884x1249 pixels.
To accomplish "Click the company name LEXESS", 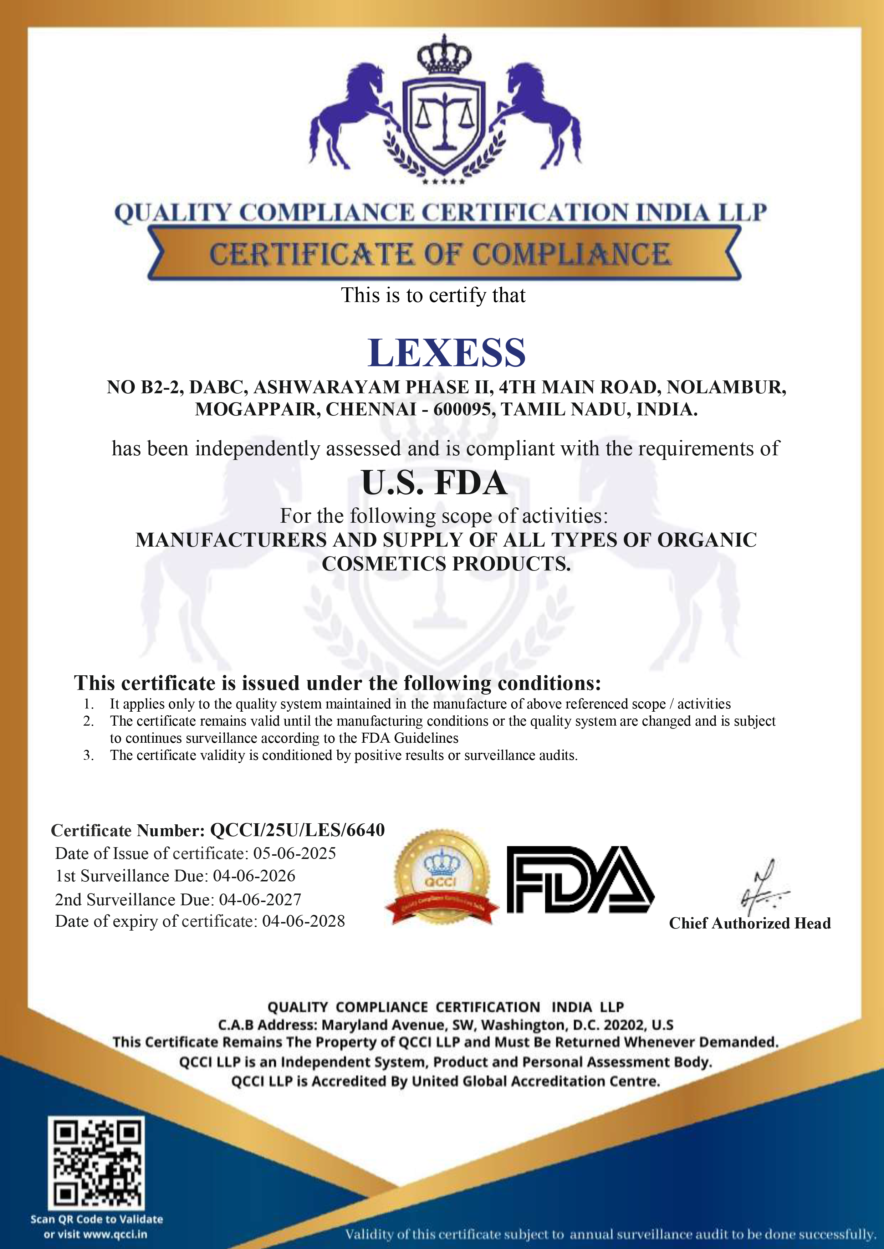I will pos(446,353).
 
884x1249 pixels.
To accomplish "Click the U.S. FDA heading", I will pos(434,483).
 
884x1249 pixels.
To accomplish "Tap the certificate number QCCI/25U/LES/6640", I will pos(297,830).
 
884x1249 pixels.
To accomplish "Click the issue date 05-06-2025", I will pos(295,853).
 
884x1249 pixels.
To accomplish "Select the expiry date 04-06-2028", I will pos(303,921).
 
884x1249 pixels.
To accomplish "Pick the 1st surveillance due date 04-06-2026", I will pos(254,876).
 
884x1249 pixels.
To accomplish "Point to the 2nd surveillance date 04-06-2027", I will pos(260,899).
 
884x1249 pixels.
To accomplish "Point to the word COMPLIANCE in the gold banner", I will pos(572,255).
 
